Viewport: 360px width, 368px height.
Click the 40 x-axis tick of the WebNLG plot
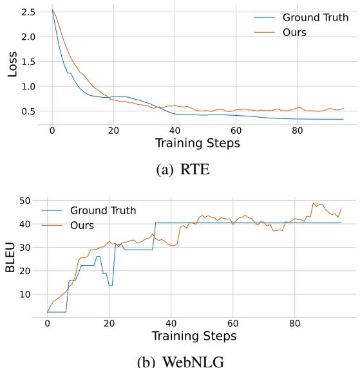[x=171, y=322]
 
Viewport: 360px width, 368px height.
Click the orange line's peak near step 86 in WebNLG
[x=314, y=203]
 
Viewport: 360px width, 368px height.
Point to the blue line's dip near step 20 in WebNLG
[x=111, y=285]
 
